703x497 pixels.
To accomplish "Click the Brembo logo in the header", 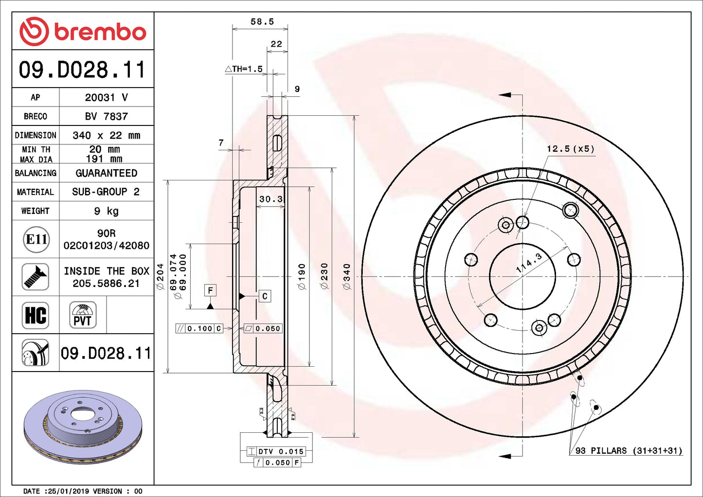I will [x=83, y=32].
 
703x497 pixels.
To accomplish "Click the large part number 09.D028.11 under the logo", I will [x=82, y=70].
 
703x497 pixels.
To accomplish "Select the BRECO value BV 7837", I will [x=106, y=116].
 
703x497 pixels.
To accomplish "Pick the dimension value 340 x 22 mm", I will [x=106, y=135].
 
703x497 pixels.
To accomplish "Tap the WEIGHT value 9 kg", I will [x=106, y=211].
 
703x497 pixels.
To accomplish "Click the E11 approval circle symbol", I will [x=36, y=239].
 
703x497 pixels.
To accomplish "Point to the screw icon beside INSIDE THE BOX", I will [x=36, y=277].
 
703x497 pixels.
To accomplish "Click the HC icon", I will [x=36, y=315].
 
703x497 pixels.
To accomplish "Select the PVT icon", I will [x=83, y=315].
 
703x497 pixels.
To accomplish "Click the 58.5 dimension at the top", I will [x=262, y=22].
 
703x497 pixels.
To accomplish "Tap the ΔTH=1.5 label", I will [x=244, y=69].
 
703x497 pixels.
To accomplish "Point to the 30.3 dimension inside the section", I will [x=270, y=199].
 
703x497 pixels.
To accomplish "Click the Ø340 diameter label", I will [x=346, y=277].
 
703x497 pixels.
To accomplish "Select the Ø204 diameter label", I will [x=160, y=277].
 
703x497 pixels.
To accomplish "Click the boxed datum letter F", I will [x=210, y=290].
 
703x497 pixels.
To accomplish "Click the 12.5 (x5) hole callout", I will [x=570, y=149].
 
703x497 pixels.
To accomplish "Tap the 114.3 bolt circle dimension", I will [x=529, y=263].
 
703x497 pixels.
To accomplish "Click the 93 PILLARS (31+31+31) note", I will [x=629, y=451].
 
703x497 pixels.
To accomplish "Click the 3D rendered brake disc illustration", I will [x=83, y=426].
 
